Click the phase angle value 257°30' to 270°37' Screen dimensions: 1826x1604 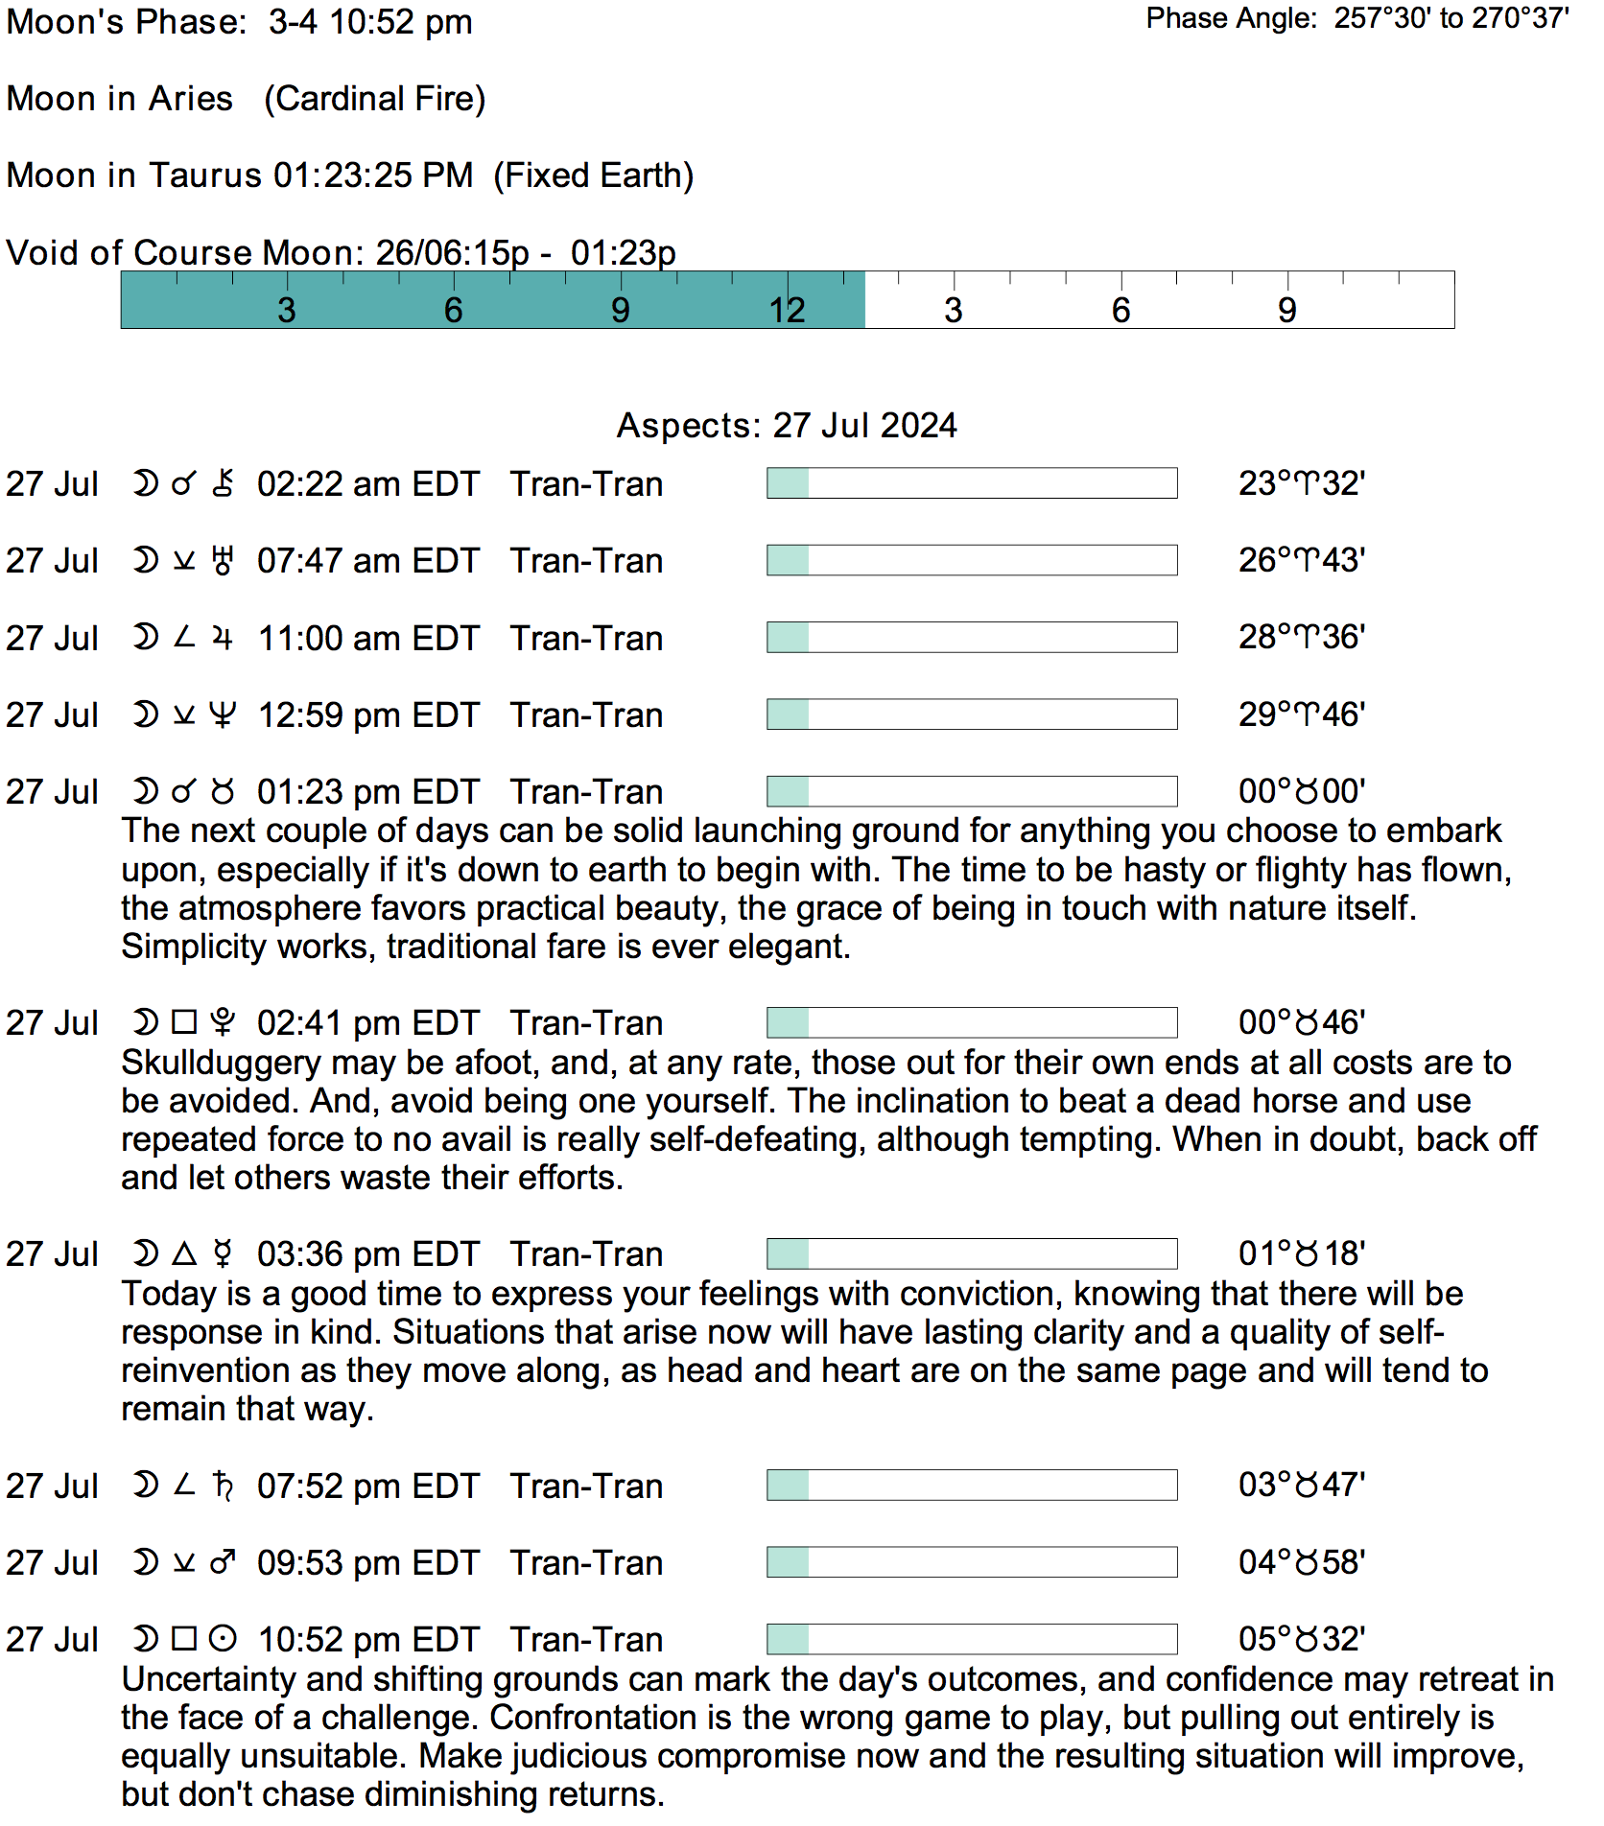pyautogui.click(x=1451, y=18)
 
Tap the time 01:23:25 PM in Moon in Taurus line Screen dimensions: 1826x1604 pyautogui.click(x=373, y=176)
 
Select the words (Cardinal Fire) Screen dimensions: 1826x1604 pyautogui.click(x=375, y=99)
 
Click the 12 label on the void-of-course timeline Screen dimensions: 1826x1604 pyautogui.click(x=787, y=310)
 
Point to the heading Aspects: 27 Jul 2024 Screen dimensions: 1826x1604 pyautogui.click(x=787, y=425)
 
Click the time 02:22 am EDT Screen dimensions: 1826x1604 pyautogui.click(x=367, y=484)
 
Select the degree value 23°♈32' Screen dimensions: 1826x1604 pyautogui.click(x=1302, y=483)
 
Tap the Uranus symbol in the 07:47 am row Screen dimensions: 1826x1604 pyautogui.click(x=223, y=561)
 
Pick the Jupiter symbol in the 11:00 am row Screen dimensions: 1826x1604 pyautogui.click(x=223, y=638)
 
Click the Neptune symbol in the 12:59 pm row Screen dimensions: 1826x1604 pyautogui.click(x=223, y=714)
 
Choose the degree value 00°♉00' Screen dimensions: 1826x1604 pyautogui.click(x=1302, y=791)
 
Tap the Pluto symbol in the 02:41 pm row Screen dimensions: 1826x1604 pyautogui.click(x=223, y=1023)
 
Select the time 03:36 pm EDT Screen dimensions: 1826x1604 pyautogui.click(x=367, y=1254)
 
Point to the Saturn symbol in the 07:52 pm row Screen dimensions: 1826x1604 pyautogui.click(x=223, y=1486)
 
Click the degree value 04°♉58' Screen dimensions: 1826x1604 pyautogui.click(x=1302, y=1562)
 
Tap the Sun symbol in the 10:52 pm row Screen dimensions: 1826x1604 pyautogui.click(x=223, y=1639)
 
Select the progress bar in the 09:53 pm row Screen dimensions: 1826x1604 pyautogui.click(x=972, y=1562)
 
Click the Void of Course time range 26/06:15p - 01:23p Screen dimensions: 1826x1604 pyautogui.click(x=526, y=253)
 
